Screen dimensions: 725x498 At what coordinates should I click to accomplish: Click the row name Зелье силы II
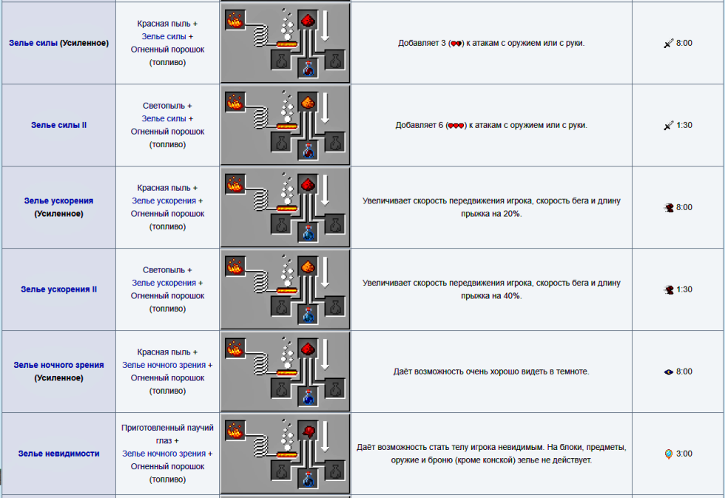click(58, 125)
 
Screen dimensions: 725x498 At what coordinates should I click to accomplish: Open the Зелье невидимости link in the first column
click(58, 454)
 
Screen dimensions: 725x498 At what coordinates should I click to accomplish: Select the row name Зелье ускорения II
click(58, 289)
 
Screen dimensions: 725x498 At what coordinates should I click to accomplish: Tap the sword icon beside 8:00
click(669, 44)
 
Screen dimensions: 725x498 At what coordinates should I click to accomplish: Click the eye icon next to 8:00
click(669, 371)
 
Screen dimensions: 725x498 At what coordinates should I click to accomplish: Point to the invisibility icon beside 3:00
click(669, 454)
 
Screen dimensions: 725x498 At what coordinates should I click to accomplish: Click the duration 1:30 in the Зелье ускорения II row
click(684, 289)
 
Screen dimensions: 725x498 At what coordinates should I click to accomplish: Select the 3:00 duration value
click(684, 454)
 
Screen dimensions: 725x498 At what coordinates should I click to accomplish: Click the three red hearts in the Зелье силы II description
click(456, 125)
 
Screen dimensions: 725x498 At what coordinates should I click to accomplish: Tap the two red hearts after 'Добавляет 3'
click(456, 44)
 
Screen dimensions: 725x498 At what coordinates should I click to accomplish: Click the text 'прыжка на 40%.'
click(491, 296)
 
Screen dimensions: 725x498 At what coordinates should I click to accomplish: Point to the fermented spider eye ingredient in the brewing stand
click(308, 431)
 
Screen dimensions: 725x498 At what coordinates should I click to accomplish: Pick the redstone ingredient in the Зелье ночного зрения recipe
click(308, 349)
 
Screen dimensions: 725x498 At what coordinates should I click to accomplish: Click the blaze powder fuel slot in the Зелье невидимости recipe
click(235, 431)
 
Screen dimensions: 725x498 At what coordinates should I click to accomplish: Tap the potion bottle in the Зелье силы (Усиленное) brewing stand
click(308, 68)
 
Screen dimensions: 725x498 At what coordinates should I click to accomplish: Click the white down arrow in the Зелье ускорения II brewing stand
click(326, 273)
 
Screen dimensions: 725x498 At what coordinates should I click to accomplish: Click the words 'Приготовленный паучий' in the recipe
click(167, 428)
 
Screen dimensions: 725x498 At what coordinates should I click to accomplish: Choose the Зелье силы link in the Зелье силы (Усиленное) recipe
click(163, 36)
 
